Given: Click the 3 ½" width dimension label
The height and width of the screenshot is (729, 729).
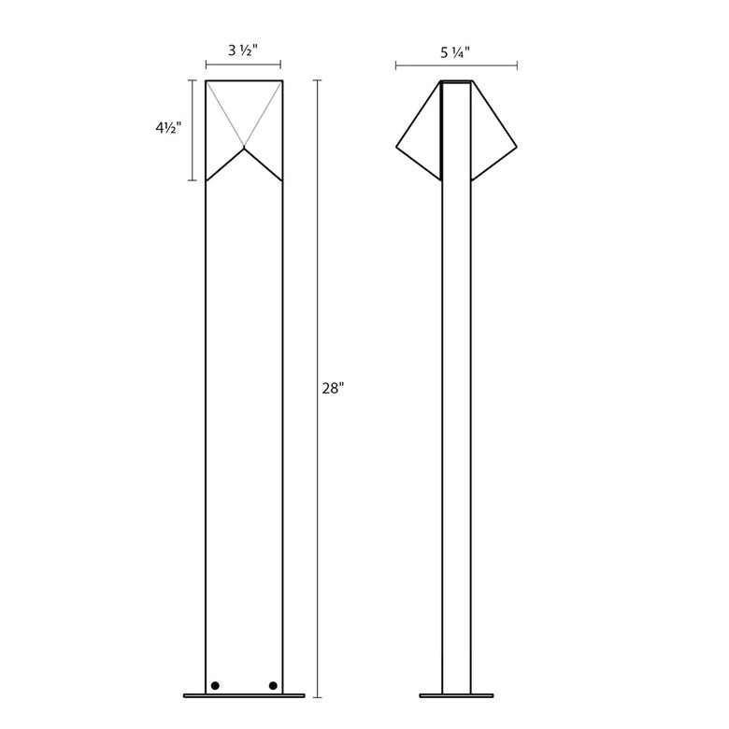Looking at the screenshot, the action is coord(243,50).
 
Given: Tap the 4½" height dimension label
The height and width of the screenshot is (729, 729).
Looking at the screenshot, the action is coord(168,127).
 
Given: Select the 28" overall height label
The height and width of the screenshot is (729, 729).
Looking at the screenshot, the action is coord(333,389).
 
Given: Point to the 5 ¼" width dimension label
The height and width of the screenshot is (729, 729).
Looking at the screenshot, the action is coord(456,52).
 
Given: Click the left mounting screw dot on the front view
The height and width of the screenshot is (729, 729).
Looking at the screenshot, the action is coord(215,685).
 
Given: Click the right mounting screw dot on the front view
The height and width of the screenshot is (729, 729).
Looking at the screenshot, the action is coord(273,685).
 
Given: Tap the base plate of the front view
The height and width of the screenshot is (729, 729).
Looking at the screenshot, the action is coord(244,695).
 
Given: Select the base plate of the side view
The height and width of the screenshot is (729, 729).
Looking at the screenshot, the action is coord(456,695).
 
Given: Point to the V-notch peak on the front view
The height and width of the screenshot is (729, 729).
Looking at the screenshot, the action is coord(244,149).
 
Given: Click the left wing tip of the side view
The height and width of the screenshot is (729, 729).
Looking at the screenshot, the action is coord(396,147).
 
